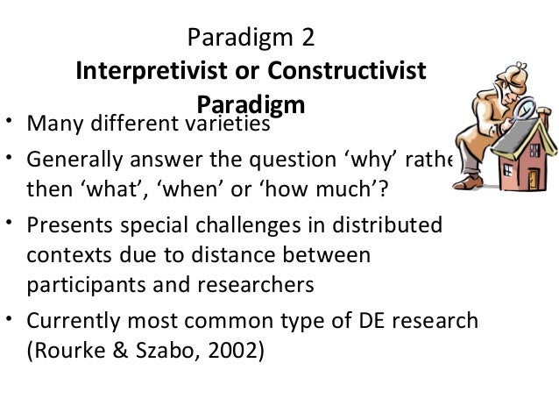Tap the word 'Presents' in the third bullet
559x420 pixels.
[71, 226]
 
